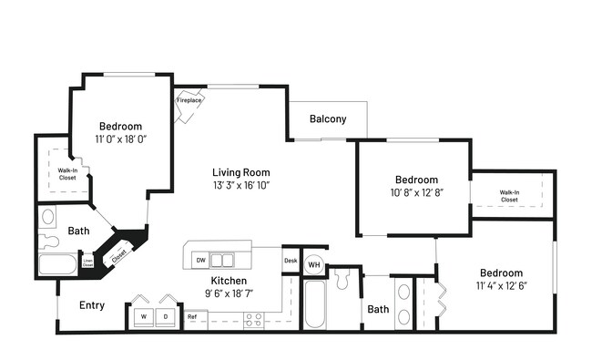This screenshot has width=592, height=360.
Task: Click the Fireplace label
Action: pyautogui.click(x=189, y=100)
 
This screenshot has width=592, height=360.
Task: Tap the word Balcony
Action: pyautogui.click(x=328, y=119)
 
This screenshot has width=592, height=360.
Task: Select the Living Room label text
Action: pyautogui.click(x=240, y=172)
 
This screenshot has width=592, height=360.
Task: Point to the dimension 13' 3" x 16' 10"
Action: pyautogui.click(x=240, y=185)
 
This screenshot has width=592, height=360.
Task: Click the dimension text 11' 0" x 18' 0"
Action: pyautogui.click(x=121, y=139)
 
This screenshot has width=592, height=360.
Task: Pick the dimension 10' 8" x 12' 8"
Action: pyautogui.click(x=415, y=193)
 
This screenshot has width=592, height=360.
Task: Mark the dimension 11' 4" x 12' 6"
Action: pyautogui.click(x=501, y=286)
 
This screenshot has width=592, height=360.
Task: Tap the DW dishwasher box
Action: pyautogui.click(x=200, y=260)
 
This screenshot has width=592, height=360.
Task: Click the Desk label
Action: pyautogui.click(x=291, y=261)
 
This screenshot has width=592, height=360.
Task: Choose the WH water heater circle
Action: pyautogui.click(x=313, y=264)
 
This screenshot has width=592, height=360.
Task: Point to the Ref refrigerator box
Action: pyautogui.click(x=192, y=317)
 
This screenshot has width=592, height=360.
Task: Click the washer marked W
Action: pyautogui.click(x=143, y=316)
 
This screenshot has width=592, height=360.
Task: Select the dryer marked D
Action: pyautogui.click(x=165, y=316)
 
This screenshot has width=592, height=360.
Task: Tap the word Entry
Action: pyautogui.click(x=91, y=305)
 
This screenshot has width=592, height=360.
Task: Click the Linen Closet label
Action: pyautogui.click(x=87, y=263)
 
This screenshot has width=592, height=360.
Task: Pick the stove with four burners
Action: pyautogui.click(x=254, y=318)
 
